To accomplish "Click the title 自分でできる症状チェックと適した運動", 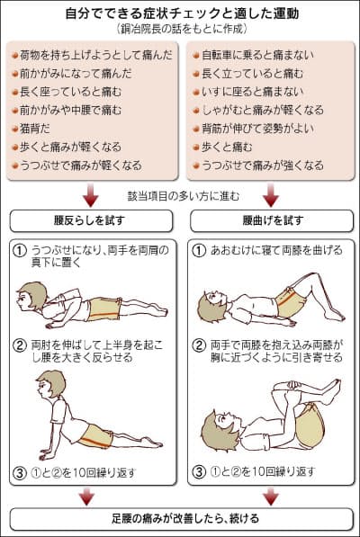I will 180,14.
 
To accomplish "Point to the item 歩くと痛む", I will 229,148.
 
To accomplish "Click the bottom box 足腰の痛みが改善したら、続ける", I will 180,518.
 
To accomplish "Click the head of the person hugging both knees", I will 221,424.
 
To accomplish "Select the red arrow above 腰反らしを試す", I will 91,195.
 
